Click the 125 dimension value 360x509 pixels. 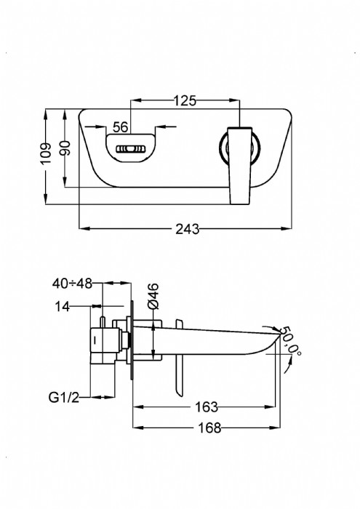pos(185,100)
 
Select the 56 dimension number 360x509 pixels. pos(121,127)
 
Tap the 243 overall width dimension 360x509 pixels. pos(188,229)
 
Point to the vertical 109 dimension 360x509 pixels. pos(47,153)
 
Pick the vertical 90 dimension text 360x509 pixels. pos(66,148)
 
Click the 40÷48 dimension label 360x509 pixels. pos(72,284)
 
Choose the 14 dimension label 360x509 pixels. pos(62,306)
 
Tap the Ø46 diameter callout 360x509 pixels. pos(153,296)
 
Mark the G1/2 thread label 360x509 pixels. pos(64,397)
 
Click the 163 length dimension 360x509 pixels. pos(207,406)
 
